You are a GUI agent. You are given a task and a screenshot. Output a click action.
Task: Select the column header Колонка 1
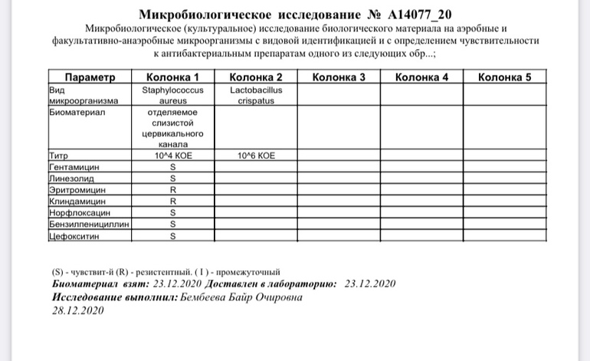coord(172,77)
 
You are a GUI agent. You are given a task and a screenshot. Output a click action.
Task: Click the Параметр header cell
coord(90,77)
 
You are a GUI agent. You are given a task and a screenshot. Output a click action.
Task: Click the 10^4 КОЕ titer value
coord(172,155)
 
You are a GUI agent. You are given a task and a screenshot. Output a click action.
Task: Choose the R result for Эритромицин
coord(172,189)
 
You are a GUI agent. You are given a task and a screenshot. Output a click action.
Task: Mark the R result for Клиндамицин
coord(172,201)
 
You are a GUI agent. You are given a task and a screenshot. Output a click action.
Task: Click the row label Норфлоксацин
coord(80,212)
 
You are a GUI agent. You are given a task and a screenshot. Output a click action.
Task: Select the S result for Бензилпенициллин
coord(172,225)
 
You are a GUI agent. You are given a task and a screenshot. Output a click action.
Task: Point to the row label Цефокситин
coord(74,236)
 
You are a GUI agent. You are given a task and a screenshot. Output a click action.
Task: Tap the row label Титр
coord(59,155)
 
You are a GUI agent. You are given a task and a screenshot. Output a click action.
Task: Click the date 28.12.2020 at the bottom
coord(77,311)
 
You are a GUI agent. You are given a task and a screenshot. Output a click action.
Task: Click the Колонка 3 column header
coord(339,77)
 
